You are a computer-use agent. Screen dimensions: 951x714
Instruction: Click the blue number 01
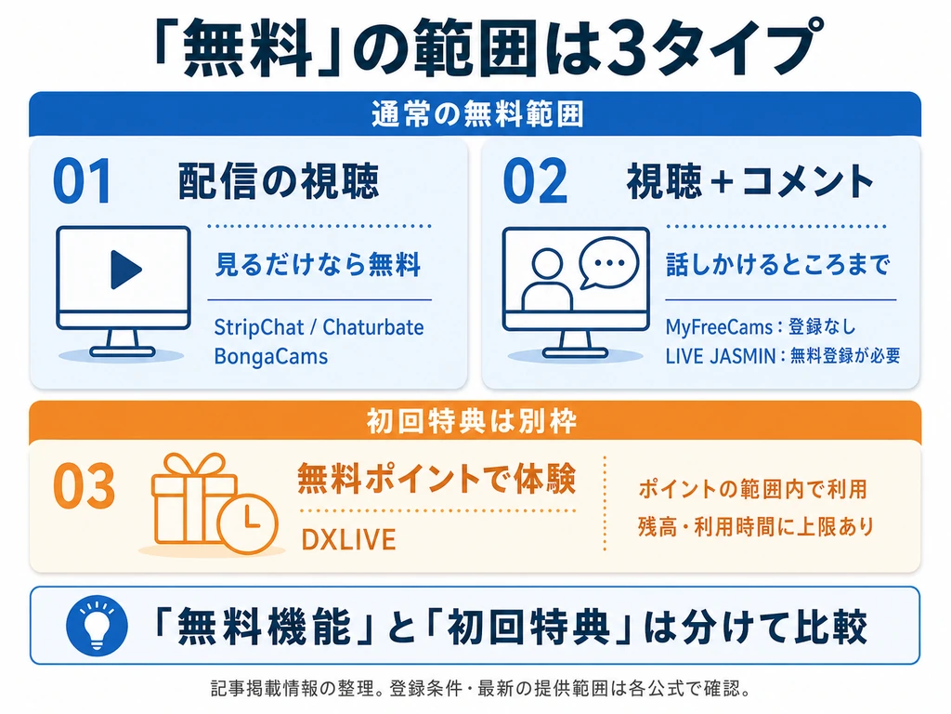coord(83,180)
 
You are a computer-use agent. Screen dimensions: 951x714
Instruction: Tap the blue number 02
coord(535,180)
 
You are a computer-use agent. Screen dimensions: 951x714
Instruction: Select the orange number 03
coord(84,485)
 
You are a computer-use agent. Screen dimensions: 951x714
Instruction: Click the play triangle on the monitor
coord(125,269)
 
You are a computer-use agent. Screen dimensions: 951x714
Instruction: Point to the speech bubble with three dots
coord(608,263)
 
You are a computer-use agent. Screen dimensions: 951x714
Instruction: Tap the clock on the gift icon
coord(248,523)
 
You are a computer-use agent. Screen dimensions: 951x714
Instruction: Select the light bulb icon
coord(97,625)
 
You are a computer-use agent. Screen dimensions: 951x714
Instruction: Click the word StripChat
coord(259,327)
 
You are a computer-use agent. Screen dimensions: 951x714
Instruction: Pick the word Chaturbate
coord(373,327)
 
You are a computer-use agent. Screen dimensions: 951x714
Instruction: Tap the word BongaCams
coord(271,356)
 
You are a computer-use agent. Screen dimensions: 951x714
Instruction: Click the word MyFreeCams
coord(718,327)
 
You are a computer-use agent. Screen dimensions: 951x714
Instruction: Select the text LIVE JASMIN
coord(721,356)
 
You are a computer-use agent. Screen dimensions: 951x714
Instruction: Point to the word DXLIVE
coord(349,540)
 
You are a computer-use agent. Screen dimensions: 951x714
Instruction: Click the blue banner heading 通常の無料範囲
coord(477,114)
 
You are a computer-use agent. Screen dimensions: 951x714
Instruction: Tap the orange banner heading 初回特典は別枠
coord(471,421)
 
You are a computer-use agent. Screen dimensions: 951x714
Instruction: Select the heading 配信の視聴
coord(279,181)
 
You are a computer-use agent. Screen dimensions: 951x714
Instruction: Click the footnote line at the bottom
coord(480,689)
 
